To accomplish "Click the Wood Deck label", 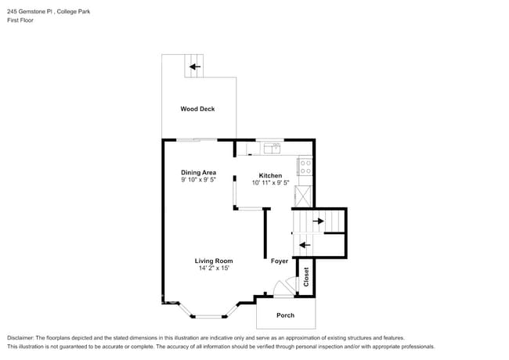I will pyautogui.click(x=197, y=109).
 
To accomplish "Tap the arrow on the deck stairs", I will pyautogui.click(x=193, y=67).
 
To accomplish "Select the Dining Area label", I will pyautogui.click(x=198, y=172).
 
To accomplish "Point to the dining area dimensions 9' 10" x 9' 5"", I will pyautogui.click(x=198, y=180).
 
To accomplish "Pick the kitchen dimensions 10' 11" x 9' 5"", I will pyautogui.click(x=270, y=183).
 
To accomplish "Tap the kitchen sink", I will pyautogui.click(x=273, y=147).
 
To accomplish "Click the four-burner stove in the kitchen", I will pyautogui.click(x=305, y=166).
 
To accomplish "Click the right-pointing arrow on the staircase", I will pyautogui.click(x=318, y=221).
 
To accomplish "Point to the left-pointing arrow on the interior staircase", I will pyautogui.click(x=305, y=244).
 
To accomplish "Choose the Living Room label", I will pyautogui.click(x=214, y=261).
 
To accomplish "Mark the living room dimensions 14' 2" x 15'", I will pyautogui.click(x=214, y=268).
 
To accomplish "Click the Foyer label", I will pyautogui.click(x=280, y=261).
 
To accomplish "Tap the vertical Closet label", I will pyautogui.click(x=306, y=277).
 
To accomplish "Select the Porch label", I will pyautogui.click(x=286, y=315).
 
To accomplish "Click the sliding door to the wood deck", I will pyautogui.click(x=197, y=140).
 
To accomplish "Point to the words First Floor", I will pyautogui.click(x=20, y=20).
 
